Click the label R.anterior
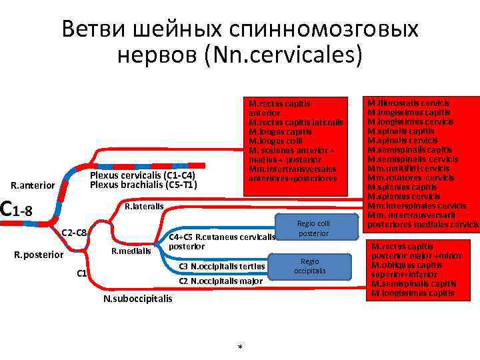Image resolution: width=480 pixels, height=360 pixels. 33,184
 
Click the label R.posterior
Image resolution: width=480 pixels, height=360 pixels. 38,255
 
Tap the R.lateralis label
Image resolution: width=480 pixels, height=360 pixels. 144,207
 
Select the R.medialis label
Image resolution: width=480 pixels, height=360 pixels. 131,251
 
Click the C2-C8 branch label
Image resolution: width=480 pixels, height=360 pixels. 74,232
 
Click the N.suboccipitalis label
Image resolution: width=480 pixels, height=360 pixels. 137,298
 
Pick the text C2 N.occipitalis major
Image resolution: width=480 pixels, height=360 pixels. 221,281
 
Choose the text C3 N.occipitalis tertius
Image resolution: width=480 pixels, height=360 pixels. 223,267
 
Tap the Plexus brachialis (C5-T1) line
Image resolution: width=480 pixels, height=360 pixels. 143,185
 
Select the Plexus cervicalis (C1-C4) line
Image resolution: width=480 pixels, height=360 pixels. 143,175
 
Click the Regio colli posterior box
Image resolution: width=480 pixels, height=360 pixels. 313,228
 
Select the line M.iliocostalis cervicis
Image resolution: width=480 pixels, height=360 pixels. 409,103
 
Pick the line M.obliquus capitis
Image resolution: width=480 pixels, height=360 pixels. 407,265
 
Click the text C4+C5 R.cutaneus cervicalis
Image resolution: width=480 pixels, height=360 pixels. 222,237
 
